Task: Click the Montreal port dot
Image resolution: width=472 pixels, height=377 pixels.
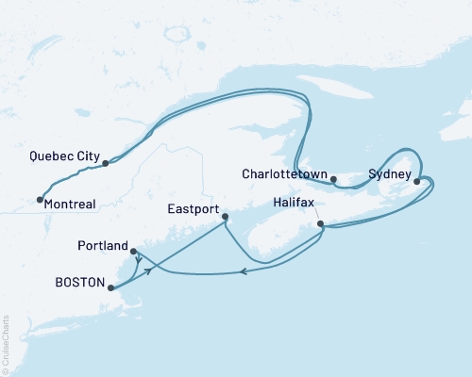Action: point(40,199)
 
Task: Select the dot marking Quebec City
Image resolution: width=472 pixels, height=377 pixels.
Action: point(106,163)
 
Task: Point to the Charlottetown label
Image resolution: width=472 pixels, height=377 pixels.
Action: point(284,174)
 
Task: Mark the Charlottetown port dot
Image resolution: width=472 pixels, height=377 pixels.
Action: point(333,177)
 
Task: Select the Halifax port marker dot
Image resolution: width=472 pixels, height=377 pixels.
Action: point(321,224)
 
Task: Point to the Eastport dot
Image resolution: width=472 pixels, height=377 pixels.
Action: point(225,218)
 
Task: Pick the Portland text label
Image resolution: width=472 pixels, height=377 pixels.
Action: point(103,246)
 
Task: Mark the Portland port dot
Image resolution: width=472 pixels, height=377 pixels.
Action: point(134,251)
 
